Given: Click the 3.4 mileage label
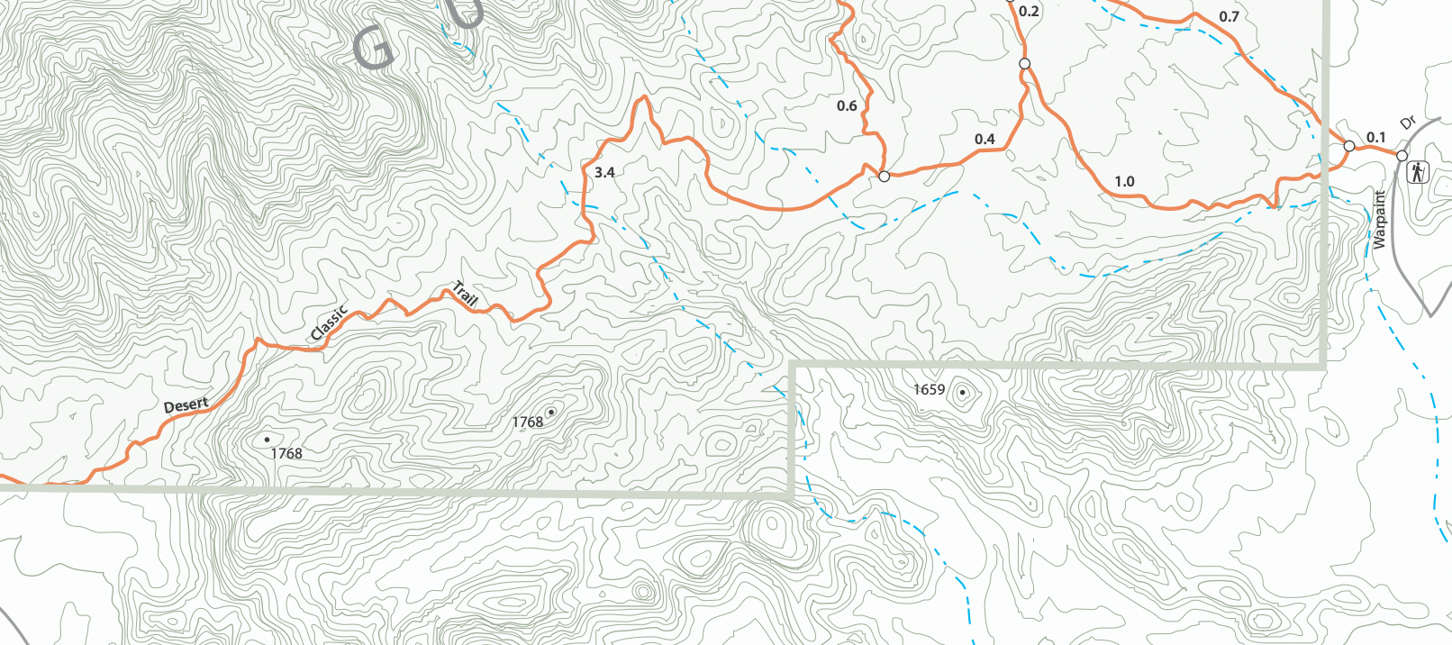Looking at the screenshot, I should tap(604, 172).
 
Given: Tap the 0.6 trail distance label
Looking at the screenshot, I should tap(847, 105).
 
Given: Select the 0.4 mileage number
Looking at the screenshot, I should tap(985, 139).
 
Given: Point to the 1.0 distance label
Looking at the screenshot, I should tap(1124, 181).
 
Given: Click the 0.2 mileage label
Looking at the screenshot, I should tap(1029, 12).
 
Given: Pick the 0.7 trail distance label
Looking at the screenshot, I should tap(1229, 16).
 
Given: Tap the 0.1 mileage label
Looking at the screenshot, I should tap(1375, 137).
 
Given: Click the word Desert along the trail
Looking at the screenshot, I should tap(186, 405).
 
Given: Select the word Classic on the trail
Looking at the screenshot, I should tap(329, 323).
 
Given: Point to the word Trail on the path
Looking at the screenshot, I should tap(465, 294).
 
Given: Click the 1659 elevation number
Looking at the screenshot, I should tap(929, 389).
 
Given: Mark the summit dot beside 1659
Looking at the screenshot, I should tap(963, 392).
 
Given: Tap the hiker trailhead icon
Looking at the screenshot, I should tap(1418, 171).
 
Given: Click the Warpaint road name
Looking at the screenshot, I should tap(1379, 220).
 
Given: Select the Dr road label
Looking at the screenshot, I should tap(1408, 123).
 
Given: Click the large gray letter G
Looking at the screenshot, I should tap(374, 49).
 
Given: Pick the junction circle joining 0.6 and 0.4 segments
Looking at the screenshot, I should tap(884, 177).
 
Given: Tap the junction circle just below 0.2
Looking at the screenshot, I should tap(1024, 63).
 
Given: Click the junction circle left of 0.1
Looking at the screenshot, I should tap(1349, 146).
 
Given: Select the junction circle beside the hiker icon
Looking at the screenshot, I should tap(1402, 156).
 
